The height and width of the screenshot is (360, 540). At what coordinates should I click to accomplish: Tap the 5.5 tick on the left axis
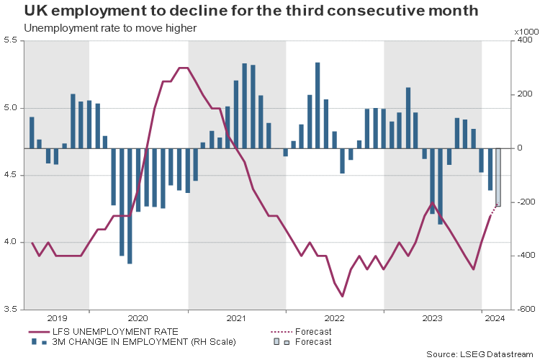10,41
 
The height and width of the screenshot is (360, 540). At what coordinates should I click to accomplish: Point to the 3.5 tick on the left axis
10,310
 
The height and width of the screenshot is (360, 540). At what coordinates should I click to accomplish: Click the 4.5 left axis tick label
10,175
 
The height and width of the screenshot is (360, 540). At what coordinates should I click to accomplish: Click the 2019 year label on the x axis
56,318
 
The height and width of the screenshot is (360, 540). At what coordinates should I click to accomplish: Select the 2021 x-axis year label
236,318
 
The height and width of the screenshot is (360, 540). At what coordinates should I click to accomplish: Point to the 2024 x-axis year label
495,318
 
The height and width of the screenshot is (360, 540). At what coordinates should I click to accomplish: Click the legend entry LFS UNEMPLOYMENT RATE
114,331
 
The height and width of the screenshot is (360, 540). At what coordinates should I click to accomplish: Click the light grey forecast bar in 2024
498,177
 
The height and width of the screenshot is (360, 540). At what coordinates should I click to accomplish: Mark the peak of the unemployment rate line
183,68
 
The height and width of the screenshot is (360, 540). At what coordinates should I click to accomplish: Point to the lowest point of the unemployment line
343,296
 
